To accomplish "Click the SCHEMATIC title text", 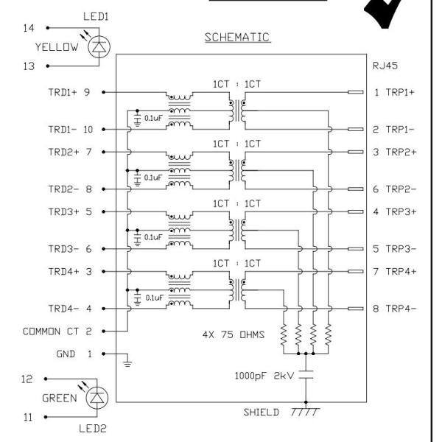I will click(x=237, y=37).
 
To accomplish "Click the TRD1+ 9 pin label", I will click(x=71, y=93).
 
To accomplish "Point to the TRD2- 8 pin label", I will click(x=71, y=189).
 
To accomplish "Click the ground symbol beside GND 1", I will click(x=127, y=361).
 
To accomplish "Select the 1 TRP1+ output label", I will click(x=394, y=93).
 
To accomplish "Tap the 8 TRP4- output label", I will click(x=394, y=309).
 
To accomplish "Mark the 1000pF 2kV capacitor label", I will click(x=263, y=375).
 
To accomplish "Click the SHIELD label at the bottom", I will click(x=262, y=413).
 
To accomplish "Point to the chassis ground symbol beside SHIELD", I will click(x=304, y=413).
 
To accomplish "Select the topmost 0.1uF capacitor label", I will click(x=153, y=118).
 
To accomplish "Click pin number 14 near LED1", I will click(x=29, y=28).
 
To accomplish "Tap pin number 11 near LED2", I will click(x=29, y=418).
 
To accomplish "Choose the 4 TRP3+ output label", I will click(x=394, y=212).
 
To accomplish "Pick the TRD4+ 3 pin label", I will click(x=71, y=272).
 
